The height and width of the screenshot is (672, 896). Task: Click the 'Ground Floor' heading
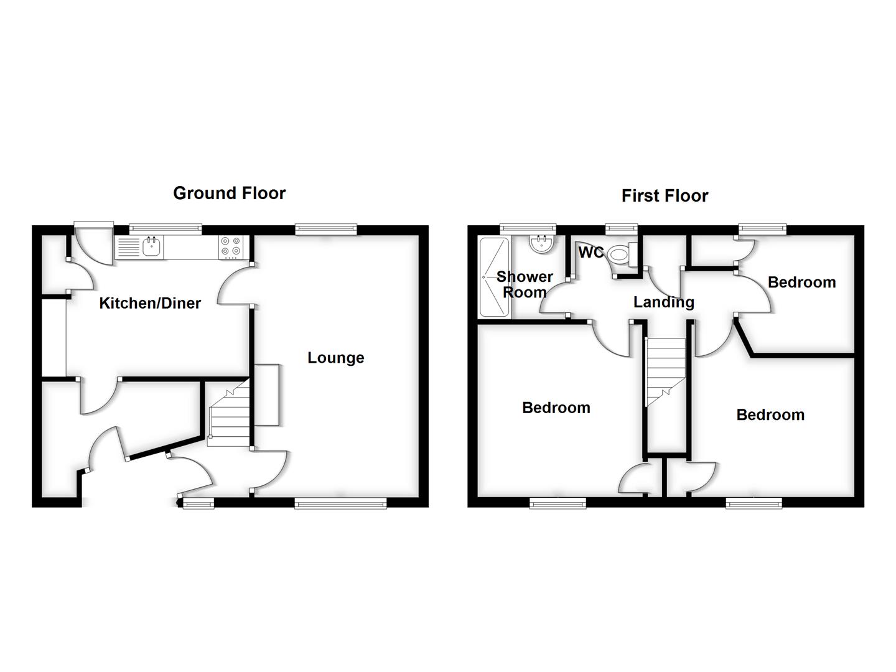click(x=229, y=194)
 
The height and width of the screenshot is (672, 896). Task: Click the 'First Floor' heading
click(x=665, y=196)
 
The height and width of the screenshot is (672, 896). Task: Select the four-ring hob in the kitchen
click(x=230, y=247)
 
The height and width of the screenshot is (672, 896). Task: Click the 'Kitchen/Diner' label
click(x=150, y=304)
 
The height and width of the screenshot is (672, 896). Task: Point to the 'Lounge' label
click(x=335, y=358)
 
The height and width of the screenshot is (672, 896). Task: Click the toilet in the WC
click(x=620, y=254)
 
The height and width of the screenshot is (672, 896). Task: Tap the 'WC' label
click(x=590, y=253)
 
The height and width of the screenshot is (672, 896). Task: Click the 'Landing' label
click(x=663, y=302)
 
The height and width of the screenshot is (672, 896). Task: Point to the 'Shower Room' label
click(x=525, y=284)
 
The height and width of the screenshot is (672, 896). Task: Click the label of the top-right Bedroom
click(x=801, y=282)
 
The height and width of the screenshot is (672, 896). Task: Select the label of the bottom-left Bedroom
click(x=556, y=408)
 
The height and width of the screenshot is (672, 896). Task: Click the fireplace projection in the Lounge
click(x=267, y=395)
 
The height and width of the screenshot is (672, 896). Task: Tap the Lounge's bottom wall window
click(x=340, y=503)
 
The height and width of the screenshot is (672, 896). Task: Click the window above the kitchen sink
click(x=166, y=229)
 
